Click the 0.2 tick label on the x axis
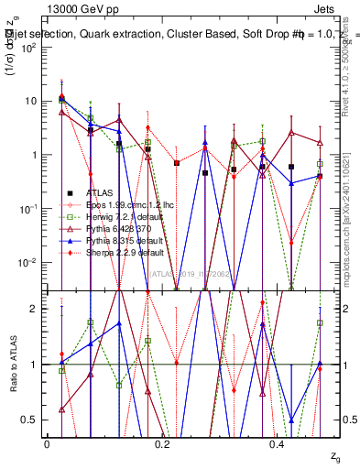click(162, 443)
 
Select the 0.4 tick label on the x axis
click(278, 443)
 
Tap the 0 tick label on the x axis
click(47, 443)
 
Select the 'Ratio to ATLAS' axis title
click(14, 365)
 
